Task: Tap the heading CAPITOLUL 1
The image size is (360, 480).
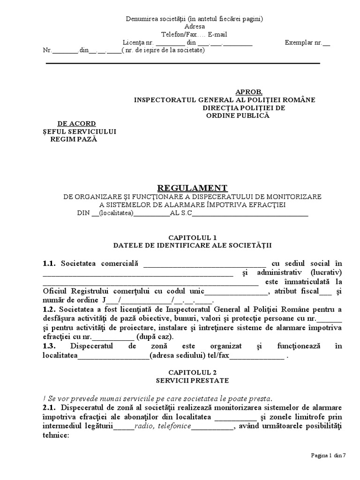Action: point(192,237)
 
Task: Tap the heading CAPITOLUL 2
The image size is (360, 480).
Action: point(192,372)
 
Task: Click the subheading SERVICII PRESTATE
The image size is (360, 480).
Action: point(192,380)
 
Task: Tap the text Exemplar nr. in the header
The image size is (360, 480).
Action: point(303,43)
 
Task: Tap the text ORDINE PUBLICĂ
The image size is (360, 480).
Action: point(239,116)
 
